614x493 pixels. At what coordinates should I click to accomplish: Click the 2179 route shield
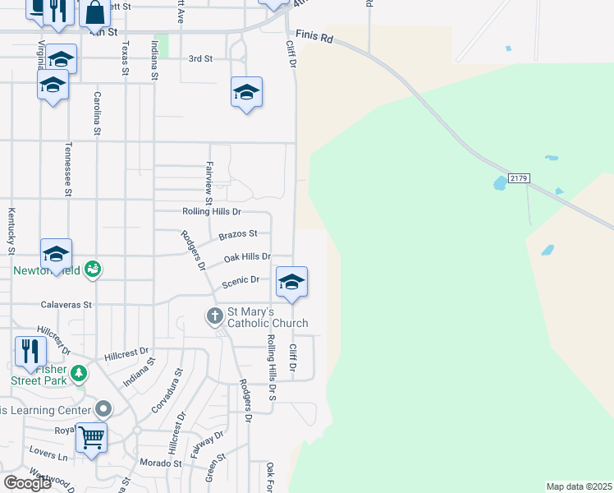pyautogui.click(x=518, y=178)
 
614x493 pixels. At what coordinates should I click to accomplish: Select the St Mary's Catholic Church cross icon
pyautogui.click(x=214, y=316)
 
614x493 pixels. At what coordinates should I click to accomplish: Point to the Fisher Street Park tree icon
pyautogui.click(x=79, y=373)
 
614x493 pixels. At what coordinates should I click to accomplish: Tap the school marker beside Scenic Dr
pyautogui.click(x=291, y=283)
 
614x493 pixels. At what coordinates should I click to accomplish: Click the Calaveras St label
pyautogui.click(x=66, y=304)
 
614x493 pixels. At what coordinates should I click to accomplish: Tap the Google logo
pyautogui.click(x=27, y=483)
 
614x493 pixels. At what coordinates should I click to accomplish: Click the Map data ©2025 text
pyautogui.click(x=579, y=486)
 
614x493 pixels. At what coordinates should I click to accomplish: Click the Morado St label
pyautogui.click(x=161, y=463)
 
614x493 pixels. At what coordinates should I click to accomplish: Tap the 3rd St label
pyautogui.click(x=200, y=59)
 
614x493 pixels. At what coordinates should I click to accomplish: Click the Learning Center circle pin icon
pyautogui.click(x=103, y=408)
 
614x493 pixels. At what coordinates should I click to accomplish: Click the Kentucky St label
pyautogui.click(x=11, y=230)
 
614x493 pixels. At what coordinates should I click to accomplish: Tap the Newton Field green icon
pyautogui.click(x=94, y=269)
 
